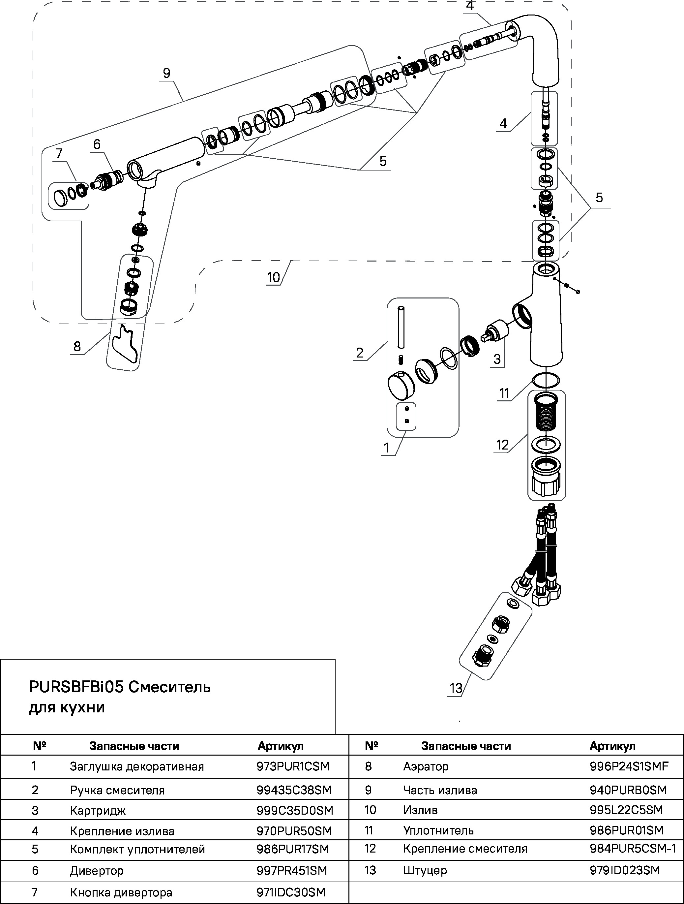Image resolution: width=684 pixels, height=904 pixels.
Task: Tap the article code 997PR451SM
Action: (292, 870)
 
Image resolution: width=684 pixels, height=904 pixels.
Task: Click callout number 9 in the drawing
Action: (166, 73)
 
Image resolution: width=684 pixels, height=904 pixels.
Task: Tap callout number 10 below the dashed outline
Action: (273, 277)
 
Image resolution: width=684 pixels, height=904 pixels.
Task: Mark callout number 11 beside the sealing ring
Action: (504, 393)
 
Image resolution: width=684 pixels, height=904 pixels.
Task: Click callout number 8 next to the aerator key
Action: (77, 347)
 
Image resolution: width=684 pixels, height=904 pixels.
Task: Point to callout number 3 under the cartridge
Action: (497, 359)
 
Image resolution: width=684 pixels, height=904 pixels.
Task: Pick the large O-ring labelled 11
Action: (546, 381)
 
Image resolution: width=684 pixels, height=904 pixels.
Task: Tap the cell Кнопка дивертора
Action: (121, 892)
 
